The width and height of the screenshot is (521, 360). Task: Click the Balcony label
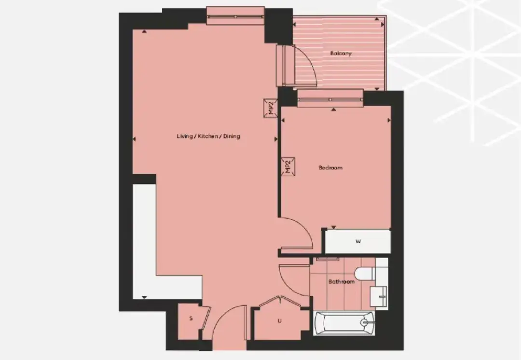pos(341,53)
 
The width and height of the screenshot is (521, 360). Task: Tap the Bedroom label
pos(330,167)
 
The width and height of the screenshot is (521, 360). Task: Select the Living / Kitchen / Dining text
pos(208,136)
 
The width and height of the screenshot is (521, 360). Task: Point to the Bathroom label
pos(341,281)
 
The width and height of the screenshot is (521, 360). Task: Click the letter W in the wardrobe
pos(358,242)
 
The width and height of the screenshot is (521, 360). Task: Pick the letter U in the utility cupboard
pos(279,321)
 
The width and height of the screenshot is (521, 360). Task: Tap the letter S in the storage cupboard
pos(191,318)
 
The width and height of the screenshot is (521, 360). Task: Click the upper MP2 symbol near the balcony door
pos(271,109)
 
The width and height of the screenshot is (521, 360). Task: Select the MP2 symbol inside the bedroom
pos(288,166)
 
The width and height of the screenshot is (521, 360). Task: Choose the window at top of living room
pos(235,16)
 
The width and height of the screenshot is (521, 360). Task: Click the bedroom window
pos(330,99)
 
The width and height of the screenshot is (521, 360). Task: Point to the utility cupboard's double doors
pos(280,301)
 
